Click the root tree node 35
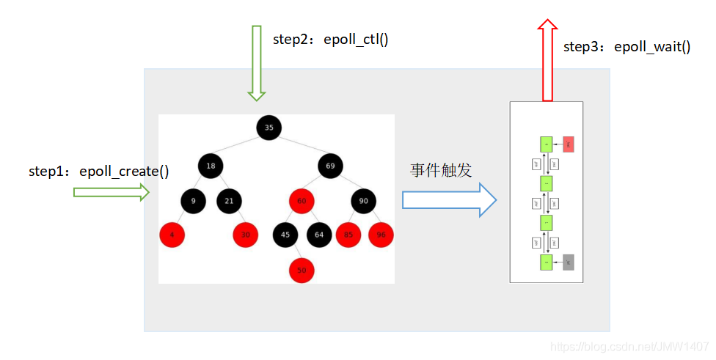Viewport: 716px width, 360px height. click(x=269, y=128)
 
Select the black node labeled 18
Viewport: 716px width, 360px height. click(x=211, y=166)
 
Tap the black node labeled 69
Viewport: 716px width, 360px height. click(x=330, y=166)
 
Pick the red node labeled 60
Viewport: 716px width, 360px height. click(x=301, y=201)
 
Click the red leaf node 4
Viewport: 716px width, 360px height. click(x=172, y=235)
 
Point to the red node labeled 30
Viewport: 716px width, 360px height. click(x=246, y=235)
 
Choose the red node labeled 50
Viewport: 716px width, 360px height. click(x=301, y=270)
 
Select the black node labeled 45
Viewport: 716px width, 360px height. click(x=285, y=235)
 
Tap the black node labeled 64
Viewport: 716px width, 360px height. click(x=319, y=235)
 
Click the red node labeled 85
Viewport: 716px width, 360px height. click(x=348, y=235)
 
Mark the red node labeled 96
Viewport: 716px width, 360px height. click(x=381, y=235)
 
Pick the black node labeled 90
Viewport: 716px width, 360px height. click(x=363, y=201)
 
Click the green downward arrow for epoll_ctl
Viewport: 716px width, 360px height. click(x=256, y=62)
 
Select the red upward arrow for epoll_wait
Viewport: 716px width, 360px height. click(x=547, y=59)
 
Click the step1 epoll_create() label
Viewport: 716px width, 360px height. click(x=99, y=172)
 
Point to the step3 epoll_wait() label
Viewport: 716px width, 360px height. click(x=626, y=47)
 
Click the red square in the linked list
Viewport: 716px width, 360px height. click(x=569, y=144)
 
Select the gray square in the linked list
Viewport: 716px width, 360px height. click(x=569, y=262)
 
